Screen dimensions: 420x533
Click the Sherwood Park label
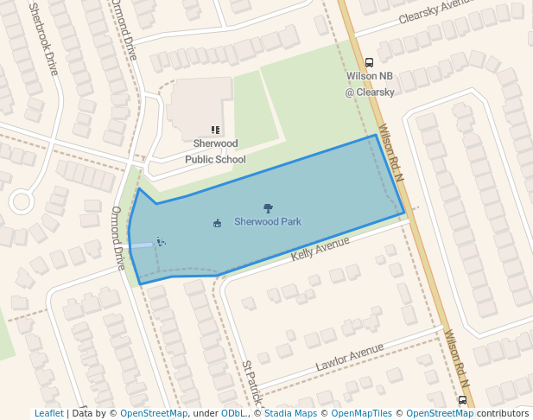click(x=268, y=222)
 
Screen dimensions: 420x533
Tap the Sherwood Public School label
click(x=215, y=151)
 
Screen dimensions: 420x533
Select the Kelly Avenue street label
click(x=320, y=248)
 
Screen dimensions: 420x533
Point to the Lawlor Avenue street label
click(x=349, y=357)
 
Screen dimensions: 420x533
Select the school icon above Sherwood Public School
click(x=215, y=130)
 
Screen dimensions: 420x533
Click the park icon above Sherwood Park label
click(x=268, y=207)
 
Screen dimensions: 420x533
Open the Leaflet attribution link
click(x=48, y=413)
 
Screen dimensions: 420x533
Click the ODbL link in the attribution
click(x=232, y=413)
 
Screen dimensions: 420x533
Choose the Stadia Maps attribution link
click(x=289, y=413)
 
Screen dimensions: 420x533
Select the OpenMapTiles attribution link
click(x=362, y=413)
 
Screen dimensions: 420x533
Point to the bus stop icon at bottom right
click(x=462, y=401)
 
